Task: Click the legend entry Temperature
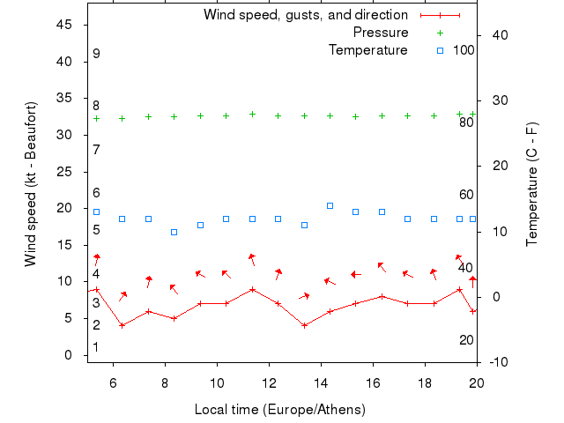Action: point(367,50)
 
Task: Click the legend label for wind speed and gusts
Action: point(305,15)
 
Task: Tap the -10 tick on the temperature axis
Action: point(496,362)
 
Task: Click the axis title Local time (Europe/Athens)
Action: point(279,410)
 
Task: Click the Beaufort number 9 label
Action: point(96,54)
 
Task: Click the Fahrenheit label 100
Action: point(464,50)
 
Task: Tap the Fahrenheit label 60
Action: point(466,195)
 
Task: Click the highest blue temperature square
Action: point(330,205)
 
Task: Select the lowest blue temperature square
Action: point(174,232)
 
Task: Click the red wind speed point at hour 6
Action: point(122,325)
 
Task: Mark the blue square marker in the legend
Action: point(440,50)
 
